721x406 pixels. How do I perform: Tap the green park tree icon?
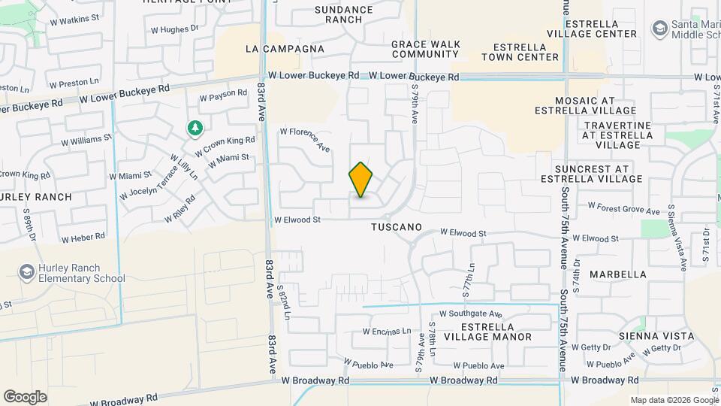click(195, 129)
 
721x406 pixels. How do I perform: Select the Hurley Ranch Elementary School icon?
click(27, 271)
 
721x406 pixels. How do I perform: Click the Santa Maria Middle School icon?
click(660, 29)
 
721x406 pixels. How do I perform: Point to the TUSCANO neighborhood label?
click(396, 226)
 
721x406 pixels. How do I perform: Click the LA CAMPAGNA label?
click(285, 49)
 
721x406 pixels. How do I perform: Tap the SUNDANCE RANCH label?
click(343, 14)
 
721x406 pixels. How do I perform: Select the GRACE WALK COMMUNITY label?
click(425, 49)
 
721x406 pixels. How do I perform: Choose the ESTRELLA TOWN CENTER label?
click(520, 51)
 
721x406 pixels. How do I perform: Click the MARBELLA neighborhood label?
click(617, 274)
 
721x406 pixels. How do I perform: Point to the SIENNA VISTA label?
click(656, 336)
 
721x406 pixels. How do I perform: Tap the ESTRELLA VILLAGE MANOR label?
click(487, 332)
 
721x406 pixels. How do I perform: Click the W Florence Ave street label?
click(306, 139)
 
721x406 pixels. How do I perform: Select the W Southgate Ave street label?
click(471, 314)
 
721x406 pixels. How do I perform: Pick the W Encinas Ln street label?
click(388, 331)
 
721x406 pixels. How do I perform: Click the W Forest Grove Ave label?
click(623, 206)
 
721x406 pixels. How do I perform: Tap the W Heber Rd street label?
click(83, 238)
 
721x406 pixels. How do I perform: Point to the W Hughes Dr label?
click(174, 30)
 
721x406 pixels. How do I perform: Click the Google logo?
click(25, 397)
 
